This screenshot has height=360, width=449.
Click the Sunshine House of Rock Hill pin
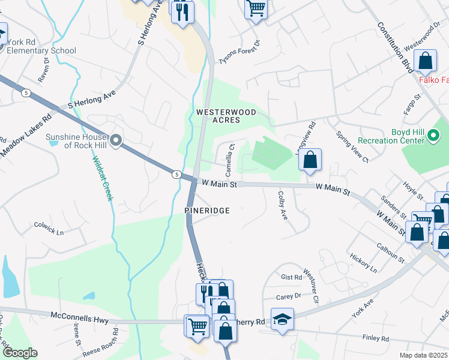(x=116, y=142)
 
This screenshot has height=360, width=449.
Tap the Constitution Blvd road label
(x=394, y=48)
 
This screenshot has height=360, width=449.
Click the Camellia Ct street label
(x=229, y=157)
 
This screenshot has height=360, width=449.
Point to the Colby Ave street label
(x=283, y=205)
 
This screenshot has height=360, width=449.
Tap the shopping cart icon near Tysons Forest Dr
(x=256, y=9)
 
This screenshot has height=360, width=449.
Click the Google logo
(x=19, y=353)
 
